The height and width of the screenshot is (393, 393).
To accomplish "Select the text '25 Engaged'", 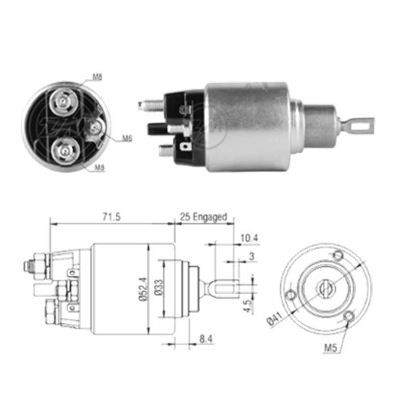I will [203, 217].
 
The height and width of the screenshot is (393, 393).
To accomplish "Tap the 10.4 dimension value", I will [250, 239].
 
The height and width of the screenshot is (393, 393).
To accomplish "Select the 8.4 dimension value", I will [206, 339].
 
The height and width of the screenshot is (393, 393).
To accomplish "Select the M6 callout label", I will [127, 139].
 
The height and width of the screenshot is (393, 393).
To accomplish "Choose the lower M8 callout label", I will [99, 168].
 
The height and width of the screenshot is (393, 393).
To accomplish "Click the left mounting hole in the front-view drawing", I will [291, 295].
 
